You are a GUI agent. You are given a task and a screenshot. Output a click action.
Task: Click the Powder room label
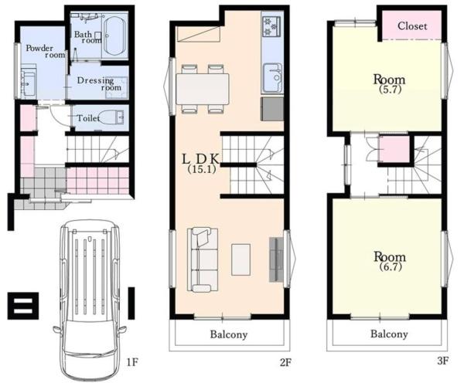tap(46, 52)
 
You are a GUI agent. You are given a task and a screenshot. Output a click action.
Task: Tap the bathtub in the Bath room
tap(115, 36)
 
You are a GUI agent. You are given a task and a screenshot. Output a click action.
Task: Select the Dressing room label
tap(99, 84)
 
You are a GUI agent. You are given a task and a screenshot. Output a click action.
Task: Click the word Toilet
tap(88, 118)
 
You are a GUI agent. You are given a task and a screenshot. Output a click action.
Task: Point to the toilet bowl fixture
tap(111, 117)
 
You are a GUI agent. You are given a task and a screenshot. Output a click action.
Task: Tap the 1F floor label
tap(132, 361)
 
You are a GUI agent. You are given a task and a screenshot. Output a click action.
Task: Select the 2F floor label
tap(285, 362)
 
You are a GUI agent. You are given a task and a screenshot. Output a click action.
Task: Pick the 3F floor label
tap(442, 361)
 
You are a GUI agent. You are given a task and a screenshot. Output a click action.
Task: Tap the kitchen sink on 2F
tap(272, 78)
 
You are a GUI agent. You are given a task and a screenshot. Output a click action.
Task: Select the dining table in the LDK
tap(203, 89)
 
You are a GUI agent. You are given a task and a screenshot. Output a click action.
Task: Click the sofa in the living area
tap(203, 259)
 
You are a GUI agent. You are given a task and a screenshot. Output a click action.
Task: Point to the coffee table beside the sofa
tap(241, 259)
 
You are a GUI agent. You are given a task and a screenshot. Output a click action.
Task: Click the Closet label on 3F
tap(412, 26)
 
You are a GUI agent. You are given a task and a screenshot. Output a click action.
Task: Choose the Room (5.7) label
tap(390, 84)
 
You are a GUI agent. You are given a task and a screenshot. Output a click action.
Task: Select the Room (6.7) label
tap(390, 261)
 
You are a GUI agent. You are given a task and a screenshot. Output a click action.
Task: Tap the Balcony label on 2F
tap(229, 335)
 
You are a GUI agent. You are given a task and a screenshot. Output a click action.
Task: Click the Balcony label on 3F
tap(389, 334)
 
